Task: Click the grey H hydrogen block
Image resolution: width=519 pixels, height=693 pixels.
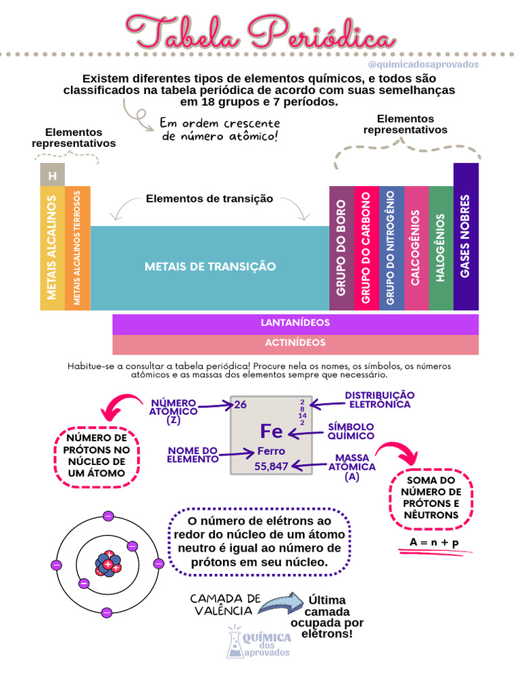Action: click(x=52, y=175)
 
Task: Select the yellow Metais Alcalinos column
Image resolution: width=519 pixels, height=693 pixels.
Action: click(x=52, y=248)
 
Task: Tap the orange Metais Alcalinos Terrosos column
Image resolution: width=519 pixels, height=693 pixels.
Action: click(x=78, y=248)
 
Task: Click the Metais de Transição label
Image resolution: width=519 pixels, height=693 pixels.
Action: click(x=210, y=267)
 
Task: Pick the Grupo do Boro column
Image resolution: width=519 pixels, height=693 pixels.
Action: click(x=341, y=248)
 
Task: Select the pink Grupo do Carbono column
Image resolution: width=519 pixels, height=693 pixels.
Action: click(x=366, y=248)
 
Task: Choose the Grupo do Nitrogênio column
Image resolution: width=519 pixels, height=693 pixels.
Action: click(x=391, y=248)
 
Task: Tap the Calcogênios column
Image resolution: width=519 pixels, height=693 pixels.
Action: click(x=416, y=248)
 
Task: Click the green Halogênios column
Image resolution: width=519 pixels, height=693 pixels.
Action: click(x=441, y=248)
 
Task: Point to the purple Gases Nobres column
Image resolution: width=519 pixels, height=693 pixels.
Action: click(x=466, y=236)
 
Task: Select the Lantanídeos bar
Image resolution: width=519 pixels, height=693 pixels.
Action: click(x=295, y=323)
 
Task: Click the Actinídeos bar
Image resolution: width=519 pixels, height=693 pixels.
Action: click(x=295, y=343)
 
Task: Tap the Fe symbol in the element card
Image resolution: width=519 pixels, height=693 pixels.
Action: click(x=271, y=431)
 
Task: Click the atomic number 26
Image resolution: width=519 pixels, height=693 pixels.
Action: click(x=240, y=405)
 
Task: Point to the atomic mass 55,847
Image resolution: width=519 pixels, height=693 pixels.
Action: click(x=271, y=466)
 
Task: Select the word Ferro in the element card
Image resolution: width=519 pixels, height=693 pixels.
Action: click(x=271, y=451)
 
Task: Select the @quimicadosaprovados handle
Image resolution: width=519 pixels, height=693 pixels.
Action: click(x=424, y=64)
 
